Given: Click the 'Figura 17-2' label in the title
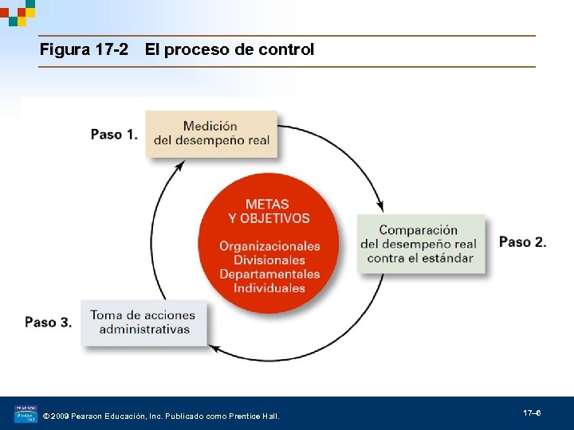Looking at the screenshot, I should (84, 50).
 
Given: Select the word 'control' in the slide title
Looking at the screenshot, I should (286, 50).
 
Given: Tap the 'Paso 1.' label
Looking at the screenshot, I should (114, 135).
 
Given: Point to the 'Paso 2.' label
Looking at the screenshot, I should (523, 242).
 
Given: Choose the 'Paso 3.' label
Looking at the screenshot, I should (48, 322).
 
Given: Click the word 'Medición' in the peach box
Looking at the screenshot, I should (210, 126).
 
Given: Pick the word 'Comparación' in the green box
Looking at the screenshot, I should (419, 230).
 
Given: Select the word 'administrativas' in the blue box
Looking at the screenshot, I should (144, 329).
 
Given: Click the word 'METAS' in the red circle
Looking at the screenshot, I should (267, 205).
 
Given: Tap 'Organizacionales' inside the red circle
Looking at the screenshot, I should (269, 246).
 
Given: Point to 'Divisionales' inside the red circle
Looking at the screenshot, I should (269, 260).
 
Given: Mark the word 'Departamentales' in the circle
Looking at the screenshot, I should (269, 275).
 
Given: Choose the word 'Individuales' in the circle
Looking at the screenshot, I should (269, 288).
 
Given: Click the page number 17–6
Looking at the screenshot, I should (532, 413).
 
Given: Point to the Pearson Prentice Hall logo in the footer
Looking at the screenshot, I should (26, 415).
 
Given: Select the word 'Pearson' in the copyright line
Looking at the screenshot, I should (88, 416).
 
